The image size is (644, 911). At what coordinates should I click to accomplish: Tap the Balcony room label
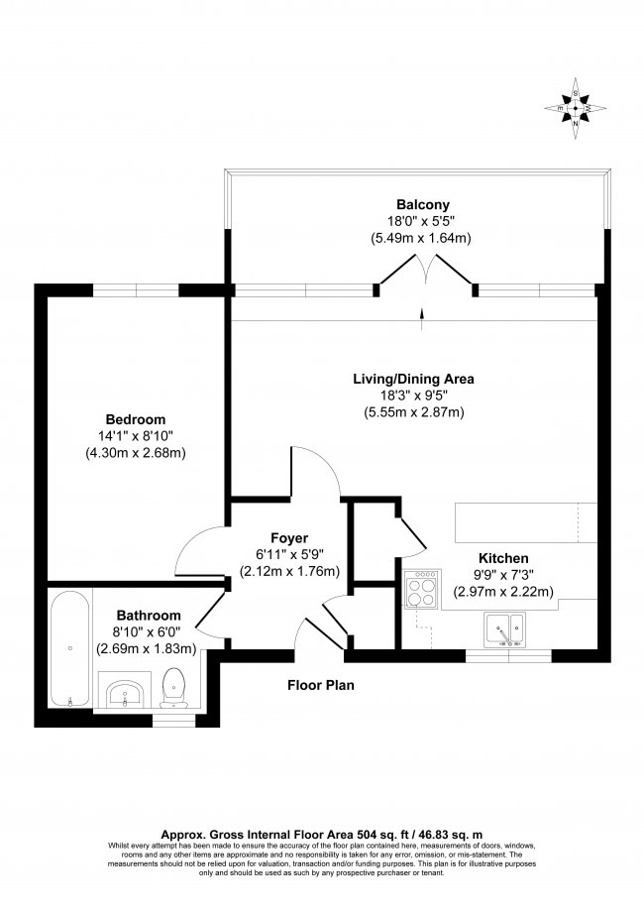416,206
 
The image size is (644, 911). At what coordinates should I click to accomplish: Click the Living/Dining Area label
414,379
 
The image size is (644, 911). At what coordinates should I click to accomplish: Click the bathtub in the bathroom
70,648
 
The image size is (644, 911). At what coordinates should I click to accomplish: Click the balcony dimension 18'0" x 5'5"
416,222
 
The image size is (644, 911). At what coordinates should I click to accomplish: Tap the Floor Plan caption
321,685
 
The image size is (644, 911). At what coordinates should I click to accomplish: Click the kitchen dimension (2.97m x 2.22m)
503,592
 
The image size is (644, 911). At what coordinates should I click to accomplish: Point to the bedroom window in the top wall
136,289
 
